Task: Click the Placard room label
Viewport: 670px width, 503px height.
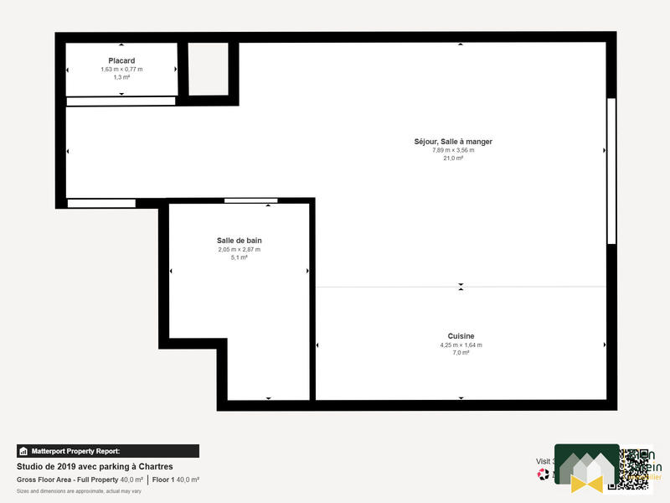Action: [121, 60]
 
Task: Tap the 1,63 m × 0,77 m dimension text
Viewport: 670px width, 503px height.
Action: [121, 69]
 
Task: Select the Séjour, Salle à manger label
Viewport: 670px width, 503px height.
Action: [453, 142]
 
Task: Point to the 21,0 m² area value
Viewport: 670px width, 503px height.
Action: [453, 158]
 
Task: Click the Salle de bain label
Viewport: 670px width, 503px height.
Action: [239, 241]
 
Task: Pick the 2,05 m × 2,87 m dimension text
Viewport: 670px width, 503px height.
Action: [239, 249]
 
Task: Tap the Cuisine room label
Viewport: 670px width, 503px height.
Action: [461, 335]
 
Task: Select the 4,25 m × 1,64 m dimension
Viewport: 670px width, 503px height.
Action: [461, 345]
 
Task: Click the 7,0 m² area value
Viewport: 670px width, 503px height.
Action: [461, 353]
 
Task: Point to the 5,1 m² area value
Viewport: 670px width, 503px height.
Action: [239, 257]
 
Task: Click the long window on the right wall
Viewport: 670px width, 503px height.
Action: [611, 171]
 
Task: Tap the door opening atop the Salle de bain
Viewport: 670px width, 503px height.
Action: [251, 200]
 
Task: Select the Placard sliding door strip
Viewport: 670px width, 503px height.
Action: [121, 101]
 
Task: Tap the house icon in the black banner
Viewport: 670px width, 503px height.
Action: [23, 451]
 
